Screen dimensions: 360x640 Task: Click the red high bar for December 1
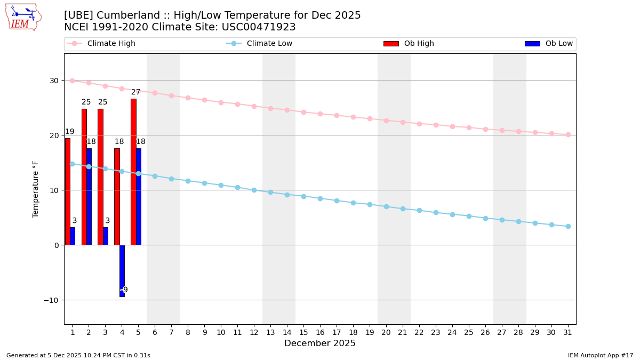(68, 191)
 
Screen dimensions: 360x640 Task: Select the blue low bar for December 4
(122, 270)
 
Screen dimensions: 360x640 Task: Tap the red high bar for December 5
(133, 172)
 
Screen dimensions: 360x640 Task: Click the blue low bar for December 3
(106, 236)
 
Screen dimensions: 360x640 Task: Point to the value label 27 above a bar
(136, 92)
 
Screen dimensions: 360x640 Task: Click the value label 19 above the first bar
(70, 132)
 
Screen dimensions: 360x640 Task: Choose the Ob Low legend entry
(549, 44)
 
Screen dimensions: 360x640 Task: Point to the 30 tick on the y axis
(54, 81)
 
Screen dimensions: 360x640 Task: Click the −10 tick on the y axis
(52, 300)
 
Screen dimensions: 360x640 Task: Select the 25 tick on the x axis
(469, 332)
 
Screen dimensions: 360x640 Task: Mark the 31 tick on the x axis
(568, 332)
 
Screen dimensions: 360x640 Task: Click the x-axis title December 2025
(320, 343)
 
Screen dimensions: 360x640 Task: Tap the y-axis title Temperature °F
(36, 189)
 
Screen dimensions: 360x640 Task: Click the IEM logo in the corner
(23, 17)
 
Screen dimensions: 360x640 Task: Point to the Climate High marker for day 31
(568, 134)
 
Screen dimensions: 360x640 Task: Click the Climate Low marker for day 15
(303, 196)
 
